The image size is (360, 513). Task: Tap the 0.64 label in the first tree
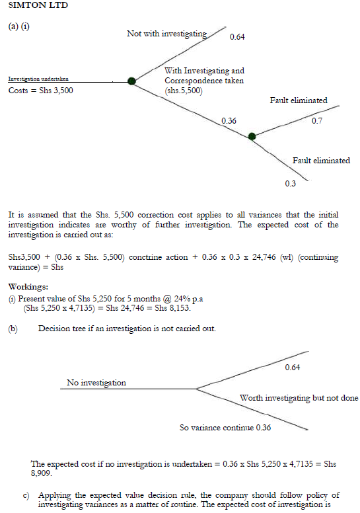click(x=237, y=36)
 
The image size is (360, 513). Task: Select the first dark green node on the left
click(x=132, y=81)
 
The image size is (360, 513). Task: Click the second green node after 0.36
click(x=252, y=137)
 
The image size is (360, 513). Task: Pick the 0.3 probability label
click(x=290, y=184)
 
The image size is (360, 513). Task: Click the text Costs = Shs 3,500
click(x=40, y=91)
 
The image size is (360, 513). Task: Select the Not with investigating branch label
click(x=166, y=34)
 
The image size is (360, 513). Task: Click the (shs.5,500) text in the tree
click(x=184, y=91)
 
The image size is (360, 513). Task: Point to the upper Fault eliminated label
click(x=299, y=100)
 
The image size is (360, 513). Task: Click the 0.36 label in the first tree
click(x=229, y=121)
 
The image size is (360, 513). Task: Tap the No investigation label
click(x=96, y=382)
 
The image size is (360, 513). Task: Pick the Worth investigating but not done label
click(x=299, y=398)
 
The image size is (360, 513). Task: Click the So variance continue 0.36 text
click(x=225, y=428)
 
